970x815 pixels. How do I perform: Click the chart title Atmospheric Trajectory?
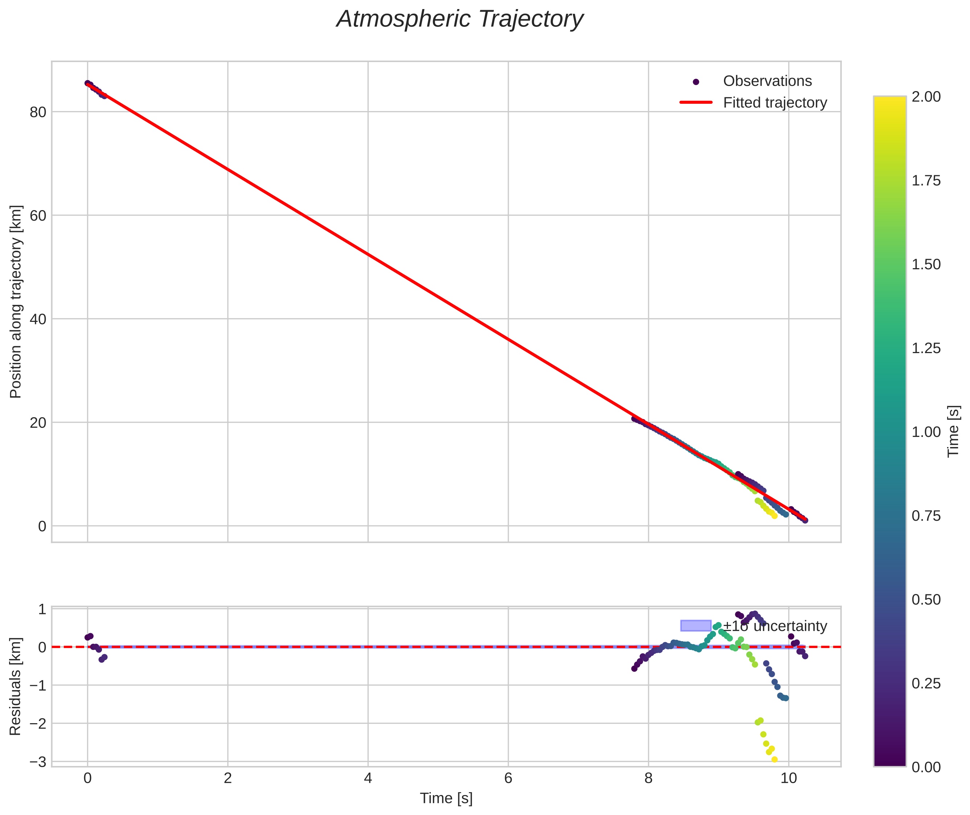[x=460, y=19]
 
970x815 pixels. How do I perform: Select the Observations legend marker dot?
[x=696, y=82]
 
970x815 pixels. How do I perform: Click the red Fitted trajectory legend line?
[x=696, y=103]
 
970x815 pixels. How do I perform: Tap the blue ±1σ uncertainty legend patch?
[x=696, y=626]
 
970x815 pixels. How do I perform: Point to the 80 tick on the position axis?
[x=38, y=112]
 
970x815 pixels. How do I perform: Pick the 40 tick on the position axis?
[x=38, y=319]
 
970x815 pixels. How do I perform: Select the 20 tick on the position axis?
[x=38, y=423]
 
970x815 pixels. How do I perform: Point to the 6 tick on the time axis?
[x=508, y=778]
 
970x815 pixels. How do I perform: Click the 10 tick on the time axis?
[x=789, y=778]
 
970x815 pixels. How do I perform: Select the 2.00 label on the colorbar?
[x=926, y=97]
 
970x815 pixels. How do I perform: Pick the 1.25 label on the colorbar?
[x=926, y=348]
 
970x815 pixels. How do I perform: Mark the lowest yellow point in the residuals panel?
[x=774, y=759]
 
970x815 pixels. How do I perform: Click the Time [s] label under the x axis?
[x=446, y=798]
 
